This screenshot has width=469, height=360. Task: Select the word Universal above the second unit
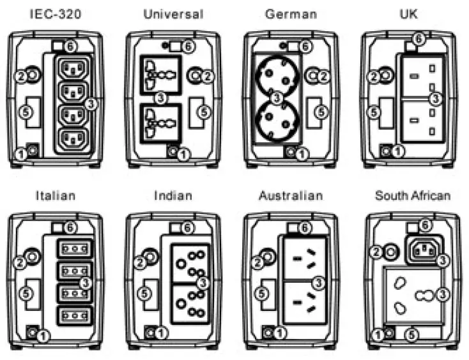tap(173, 13)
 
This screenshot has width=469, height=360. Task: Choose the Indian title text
tap(173, 195)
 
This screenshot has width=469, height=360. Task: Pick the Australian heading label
tap(291, 195)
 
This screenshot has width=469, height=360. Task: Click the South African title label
tap(412, 195)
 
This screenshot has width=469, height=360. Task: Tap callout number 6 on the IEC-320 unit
tap(72, 46)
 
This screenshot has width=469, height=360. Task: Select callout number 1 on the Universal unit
tap(185, 153)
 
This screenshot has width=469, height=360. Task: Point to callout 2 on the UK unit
tap(374, 77)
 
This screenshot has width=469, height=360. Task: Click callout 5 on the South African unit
tap(412, 333)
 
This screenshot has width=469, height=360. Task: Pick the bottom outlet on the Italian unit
tap(72, 315)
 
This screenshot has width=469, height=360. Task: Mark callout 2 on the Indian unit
tap(140, 262)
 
